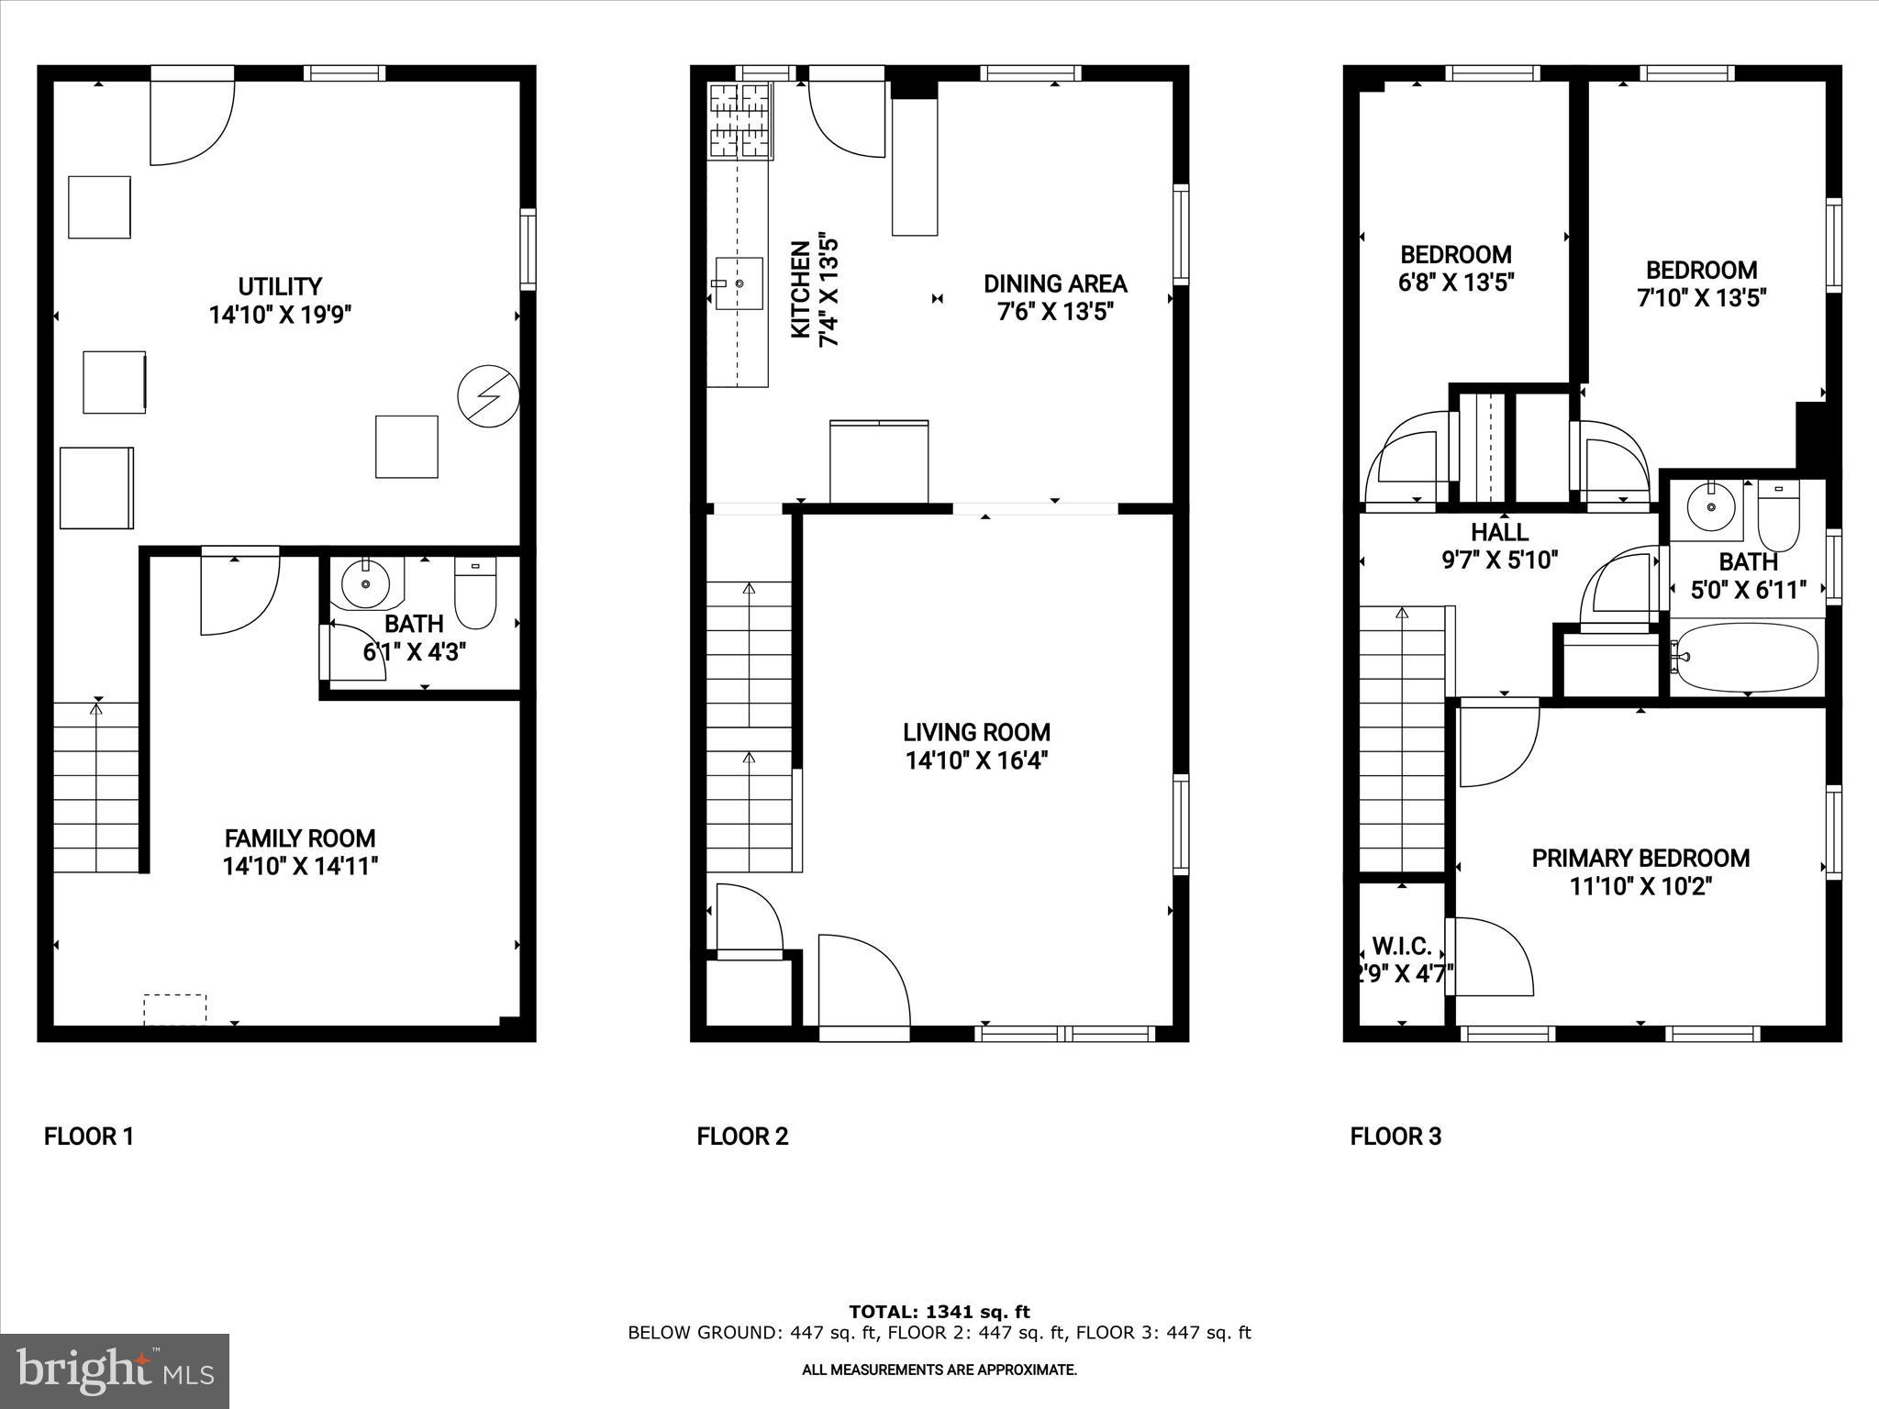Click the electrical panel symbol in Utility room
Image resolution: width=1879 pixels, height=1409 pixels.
tap(488, 397)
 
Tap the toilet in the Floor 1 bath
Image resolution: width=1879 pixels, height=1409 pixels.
tap(475, 593)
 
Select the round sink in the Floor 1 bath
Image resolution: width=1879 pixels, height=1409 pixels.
tap(366, 583)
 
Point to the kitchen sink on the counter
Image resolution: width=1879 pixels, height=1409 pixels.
tap(739, 284)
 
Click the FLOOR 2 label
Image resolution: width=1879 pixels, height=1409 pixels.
tap(742, 1137)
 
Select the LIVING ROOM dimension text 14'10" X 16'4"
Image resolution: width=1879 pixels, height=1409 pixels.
tap(976, 760)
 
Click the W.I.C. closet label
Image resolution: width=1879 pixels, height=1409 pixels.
tap(1401, 947)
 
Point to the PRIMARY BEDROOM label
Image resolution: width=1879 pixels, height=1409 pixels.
tap(1640, 859)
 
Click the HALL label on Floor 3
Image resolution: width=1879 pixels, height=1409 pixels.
tap(1499, 532)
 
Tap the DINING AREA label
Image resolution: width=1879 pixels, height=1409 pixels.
tap(1055, 283)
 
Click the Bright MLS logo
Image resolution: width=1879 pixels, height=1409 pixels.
tap(115, 1370)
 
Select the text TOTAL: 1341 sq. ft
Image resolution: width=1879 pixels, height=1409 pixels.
tap(939, 1312)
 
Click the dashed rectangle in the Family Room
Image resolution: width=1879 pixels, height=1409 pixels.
tap(174, 1009)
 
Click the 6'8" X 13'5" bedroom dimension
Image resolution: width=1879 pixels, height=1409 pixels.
tap(1455, 283)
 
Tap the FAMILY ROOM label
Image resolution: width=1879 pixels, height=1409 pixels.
tap(300, 838)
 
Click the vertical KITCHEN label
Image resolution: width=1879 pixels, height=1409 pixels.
tap(801, 289)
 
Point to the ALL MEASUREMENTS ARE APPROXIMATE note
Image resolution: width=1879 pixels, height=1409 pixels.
tap(939, 1370)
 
